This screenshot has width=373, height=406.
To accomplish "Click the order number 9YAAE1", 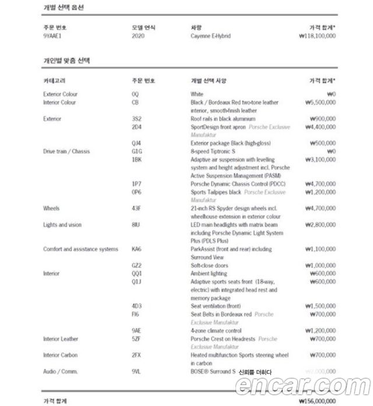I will click(52, 36).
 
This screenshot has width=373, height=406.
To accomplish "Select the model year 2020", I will click(138, 36).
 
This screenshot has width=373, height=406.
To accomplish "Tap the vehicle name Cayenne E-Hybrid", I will click(210, 36).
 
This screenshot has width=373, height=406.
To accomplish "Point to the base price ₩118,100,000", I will click(316, 36).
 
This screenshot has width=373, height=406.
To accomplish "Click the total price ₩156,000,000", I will click(316, 401).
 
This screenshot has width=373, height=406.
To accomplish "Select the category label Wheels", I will click(51, 208).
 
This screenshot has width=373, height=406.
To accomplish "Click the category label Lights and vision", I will click(62, 224).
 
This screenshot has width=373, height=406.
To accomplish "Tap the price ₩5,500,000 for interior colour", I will click(319, 102).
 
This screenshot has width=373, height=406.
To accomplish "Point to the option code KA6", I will click(137, 249).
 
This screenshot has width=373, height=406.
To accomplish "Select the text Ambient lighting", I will click(209, 273).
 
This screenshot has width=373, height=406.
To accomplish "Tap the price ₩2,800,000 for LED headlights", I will click(319, 224).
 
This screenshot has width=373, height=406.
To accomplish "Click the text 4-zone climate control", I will click(216, 330).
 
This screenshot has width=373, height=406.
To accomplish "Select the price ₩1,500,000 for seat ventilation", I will click(319, 306).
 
